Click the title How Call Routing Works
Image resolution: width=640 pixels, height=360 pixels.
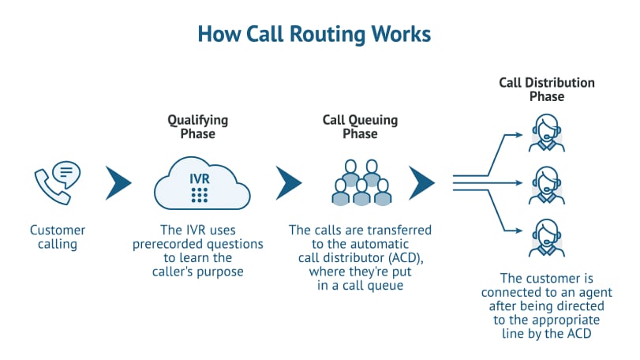pyautogui.click(x=314, y=35)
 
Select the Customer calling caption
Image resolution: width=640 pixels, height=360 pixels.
pyautogui.click(x=57, y=238)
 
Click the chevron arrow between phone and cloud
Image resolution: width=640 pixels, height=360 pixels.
pyautogui.click(x=118, y=182)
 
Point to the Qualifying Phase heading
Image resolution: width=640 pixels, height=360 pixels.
pyautogui.click(x=197, y=127)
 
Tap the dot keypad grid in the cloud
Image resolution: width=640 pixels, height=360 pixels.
pyautogui.click(x=200, y=194)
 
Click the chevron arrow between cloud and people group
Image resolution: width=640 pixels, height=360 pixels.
pyautogui.click(x=290, y=182)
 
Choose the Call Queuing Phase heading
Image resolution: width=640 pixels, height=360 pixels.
pyautogui.click(x=360, y=127)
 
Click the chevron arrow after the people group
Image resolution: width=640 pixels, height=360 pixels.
pyautogui.click(x=422, y=182)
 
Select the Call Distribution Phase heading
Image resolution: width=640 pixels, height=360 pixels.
pyautogui.click(x=547, y=89)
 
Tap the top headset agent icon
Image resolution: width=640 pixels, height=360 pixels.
pyautogui.click(x=546, y=131)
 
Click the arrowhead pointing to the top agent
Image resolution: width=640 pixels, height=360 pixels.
pyautogui.click(x=518, y=134)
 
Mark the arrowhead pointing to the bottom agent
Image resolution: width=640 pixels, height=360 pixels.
pyautogui.click(x=518, y=231)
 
